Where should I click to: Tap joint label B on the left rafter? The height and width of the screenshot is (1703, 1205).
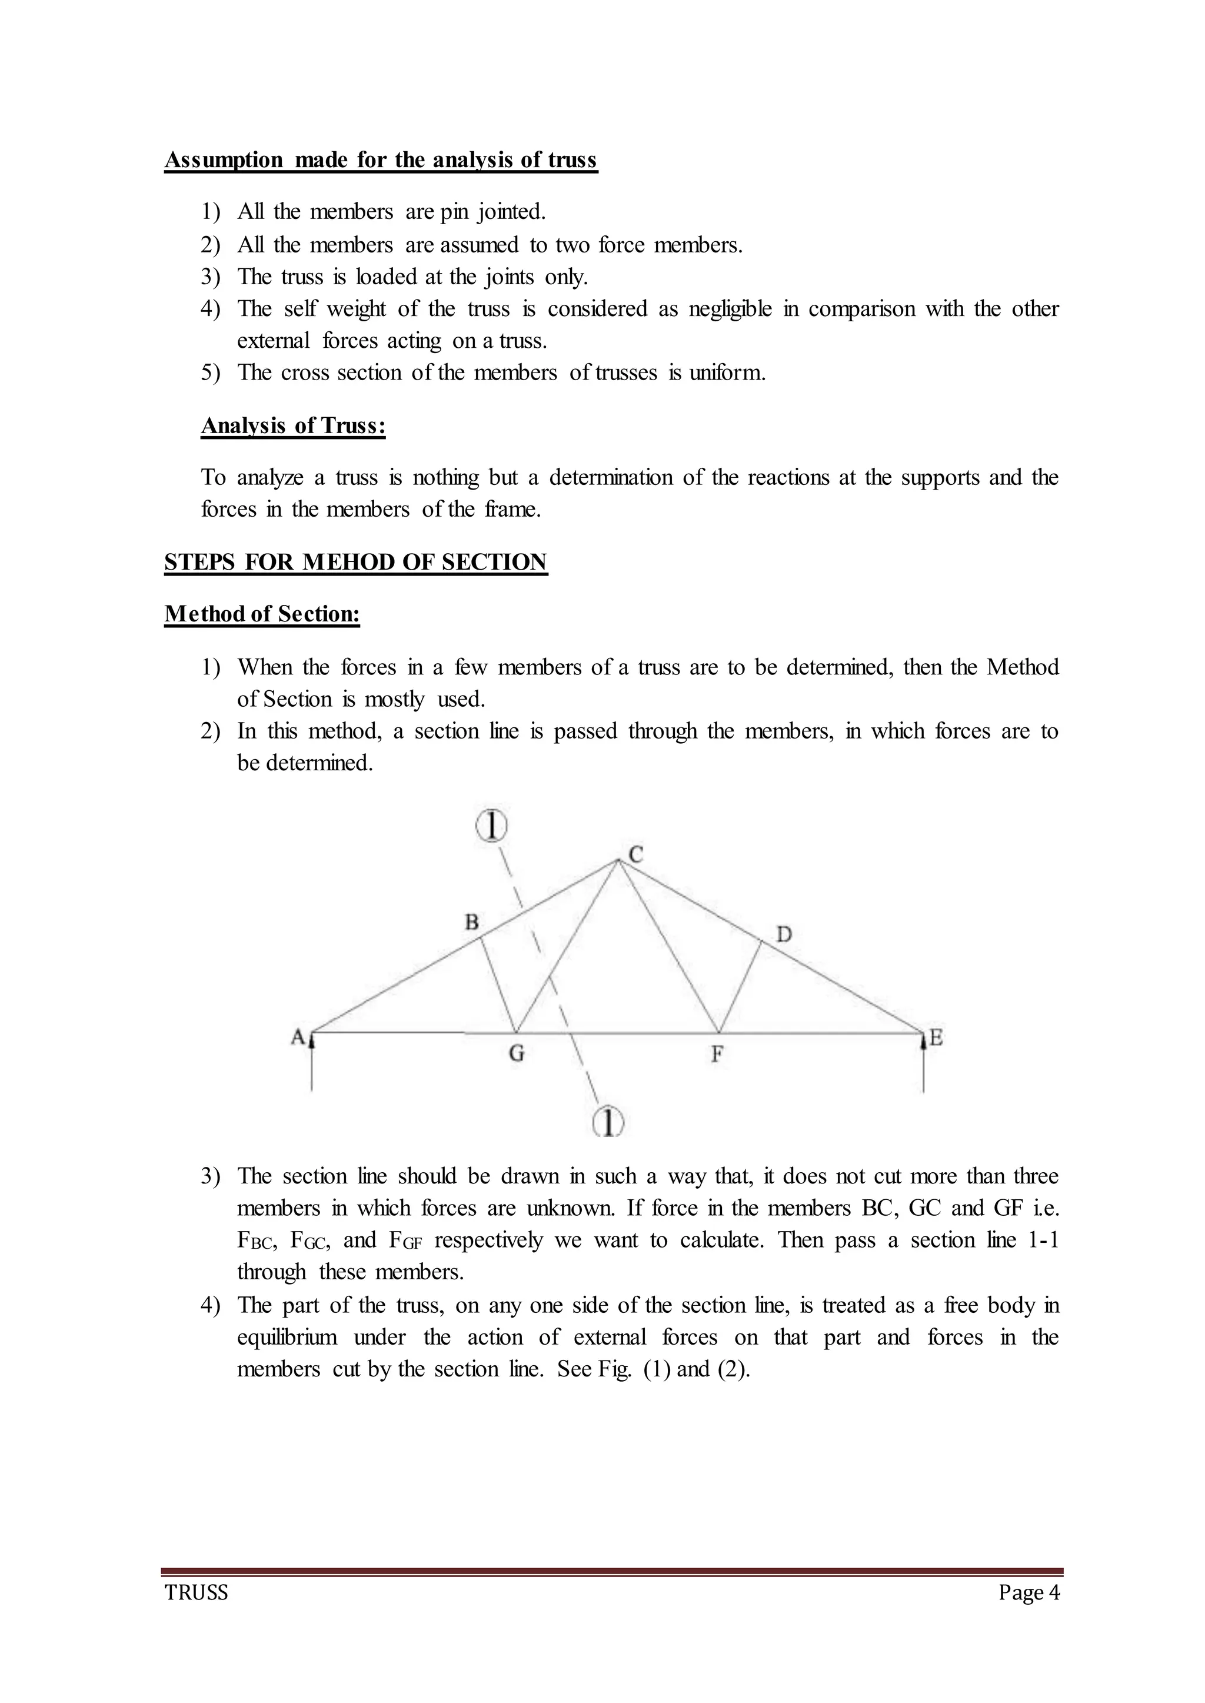[471, 922]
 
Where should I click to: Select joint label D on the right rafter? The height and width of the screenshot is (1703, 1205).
[784, 934]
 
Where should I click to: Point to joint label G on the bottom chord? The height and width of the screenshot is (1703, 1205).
[517, 1054]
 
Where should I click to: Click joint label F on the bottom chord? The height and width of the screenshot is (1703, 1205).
[717, 1055]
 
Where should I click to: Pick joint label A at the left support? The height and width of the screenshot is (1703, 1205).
[298, 1037]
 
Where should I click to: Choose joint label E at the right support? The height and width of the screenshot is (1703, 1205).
[936, 1038]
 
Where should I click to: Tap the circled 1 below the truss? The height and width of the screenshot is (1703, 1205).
[608, 1122]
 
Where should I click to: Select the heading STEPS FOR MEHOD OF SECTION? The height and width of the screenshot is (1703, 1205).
[355, 563]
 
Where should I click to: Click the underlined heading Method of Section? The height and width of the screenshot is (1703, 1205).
[262, 614]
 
